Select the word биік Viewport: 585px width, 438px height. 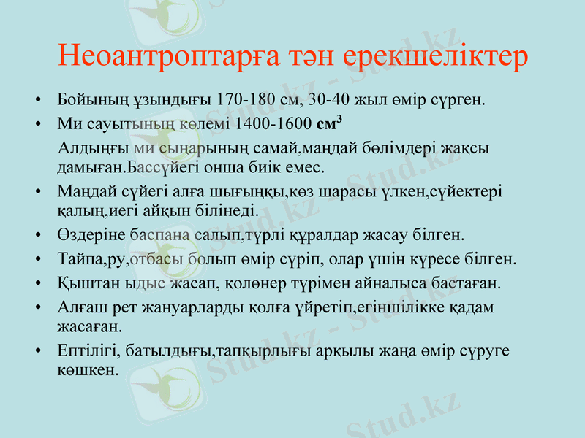[x=269, y=166]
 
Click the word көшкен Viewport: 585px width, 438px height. [x=86, y=370]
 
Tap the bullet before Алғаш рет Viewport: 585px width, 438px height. [x=39, y=308]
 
